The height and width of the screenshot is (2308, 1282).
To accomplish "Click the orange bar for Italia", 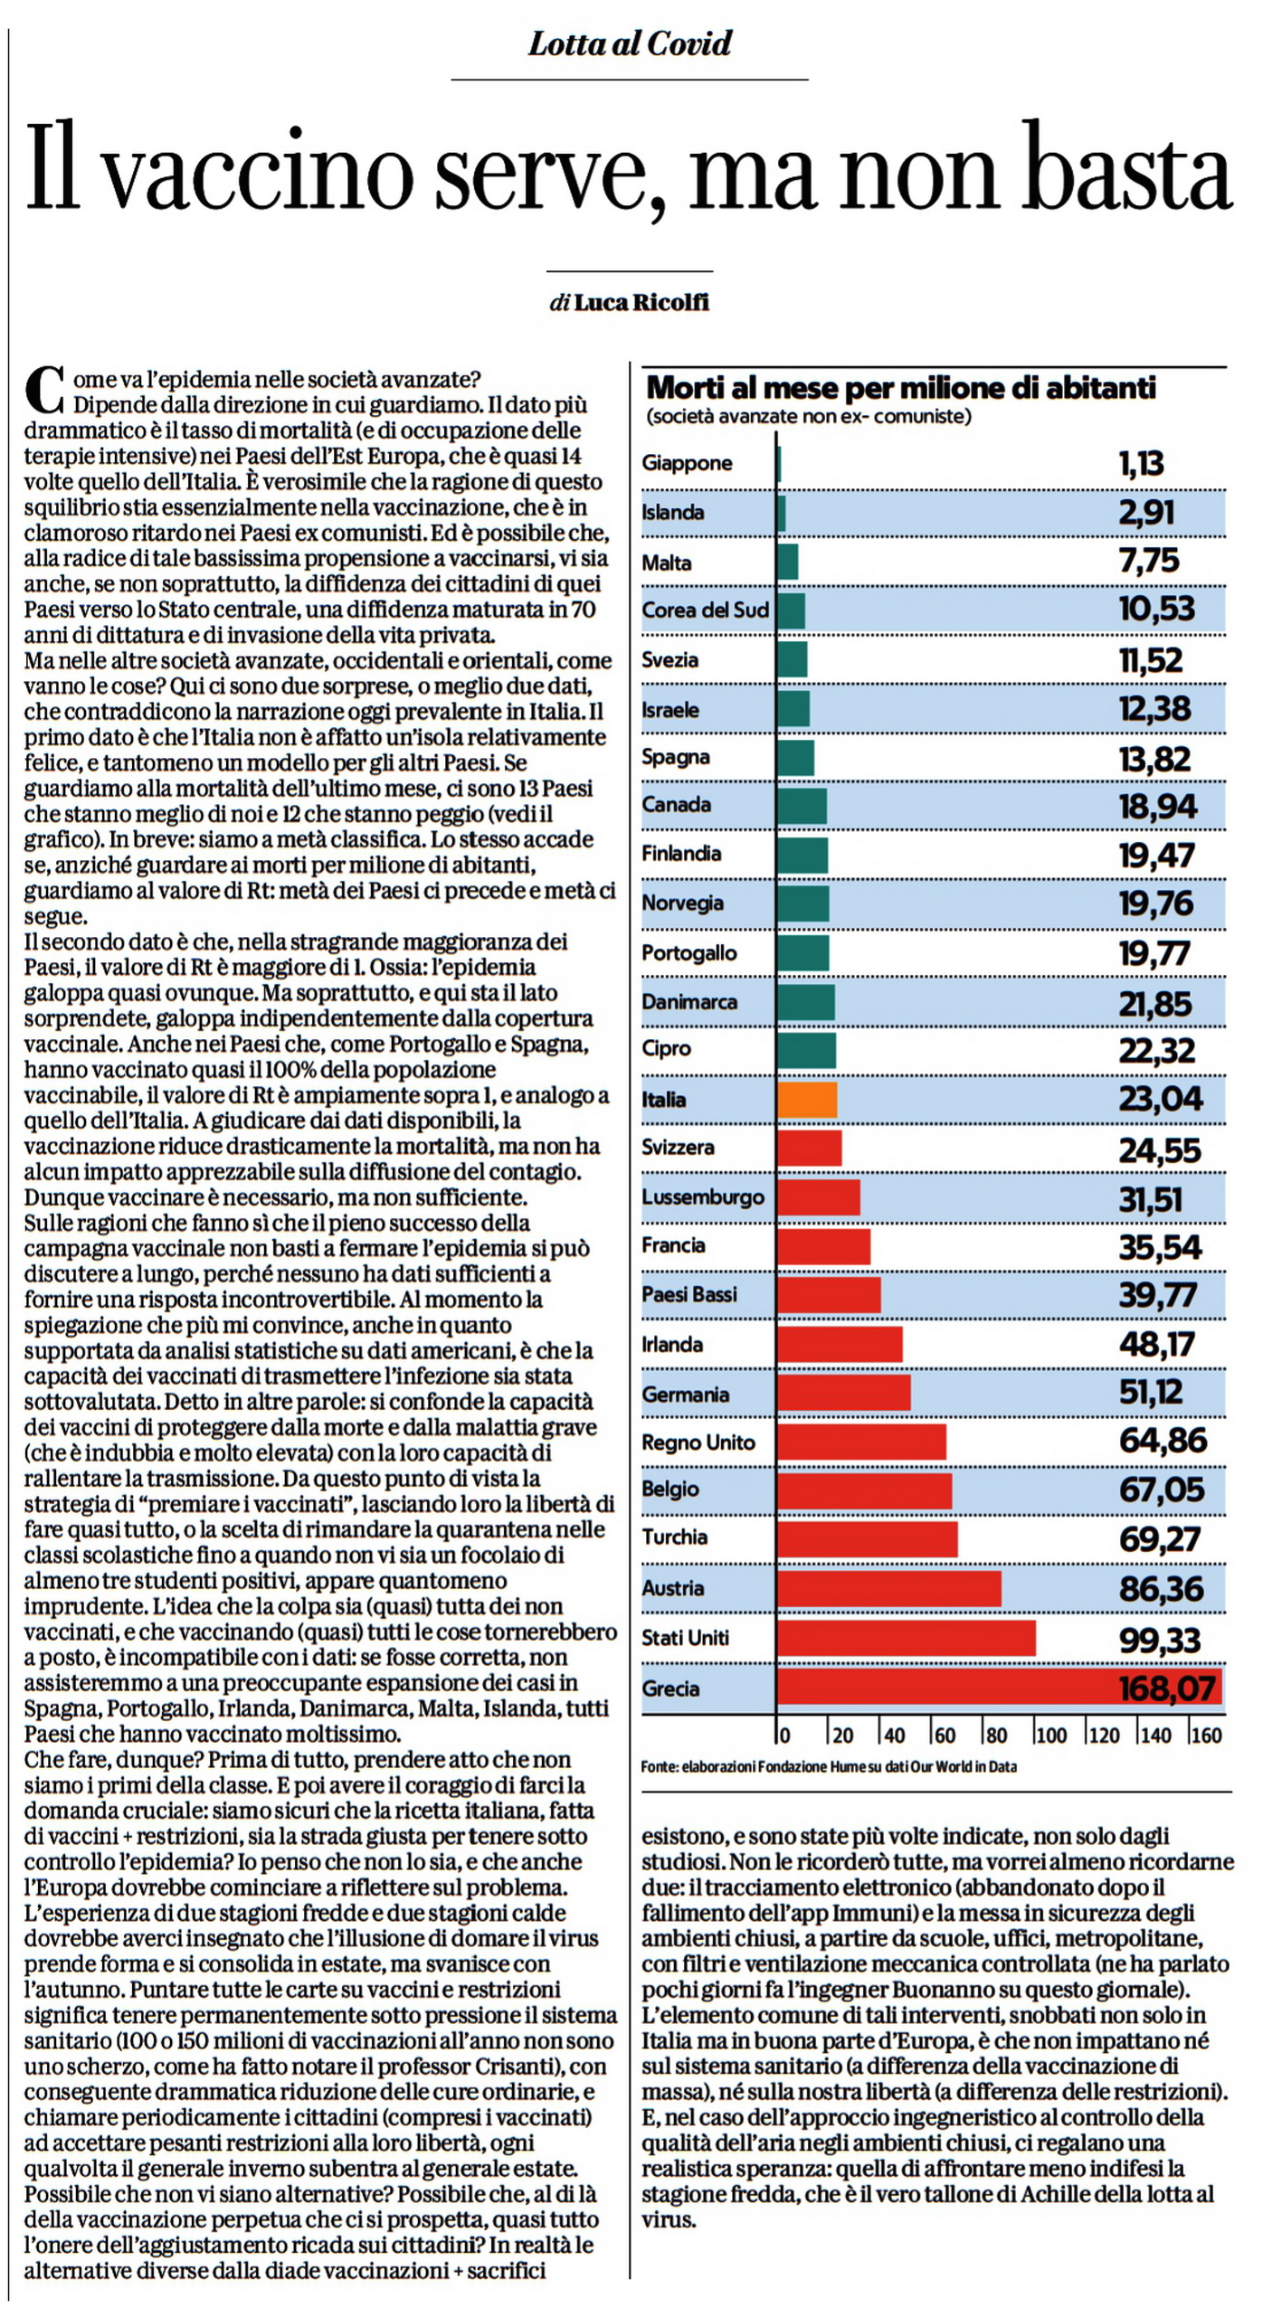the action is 806,1099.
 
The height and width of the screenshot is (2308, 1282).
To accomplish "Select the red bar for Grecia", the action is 999,1688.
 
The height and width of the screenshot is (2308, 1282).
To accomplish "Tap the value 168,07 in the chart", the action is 1166,1688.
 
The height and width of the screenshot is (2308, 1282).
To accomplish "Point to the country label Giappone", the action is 687,463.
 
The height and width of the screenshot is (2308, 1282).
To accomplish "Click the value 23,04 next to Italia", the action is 1161,1099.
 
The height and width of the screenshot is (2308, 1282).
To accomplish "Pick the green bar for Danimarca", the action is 805,1002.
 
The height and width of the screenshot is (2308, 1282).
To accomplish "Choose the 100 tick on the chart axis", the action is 1050,1736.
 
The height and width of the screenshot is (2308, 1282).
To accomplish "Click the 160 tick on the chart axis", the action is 1206,1736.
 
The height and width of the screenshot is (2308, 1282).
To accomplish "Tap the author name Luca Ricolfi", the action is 641,302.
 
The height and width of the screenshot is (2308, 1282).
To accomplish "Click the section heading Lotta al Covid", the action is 630,43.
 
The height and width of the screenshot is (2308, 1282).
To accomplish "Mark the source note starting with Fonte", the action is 829,1766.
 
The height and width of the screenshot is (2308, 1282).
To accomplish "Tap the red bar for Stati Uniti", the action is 906,1638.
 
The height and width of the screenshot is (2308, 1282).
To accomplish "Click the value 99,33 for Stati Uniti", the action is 1159,1639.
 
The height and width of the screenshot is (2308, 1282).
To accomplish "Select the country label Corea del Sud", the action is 705,610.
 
